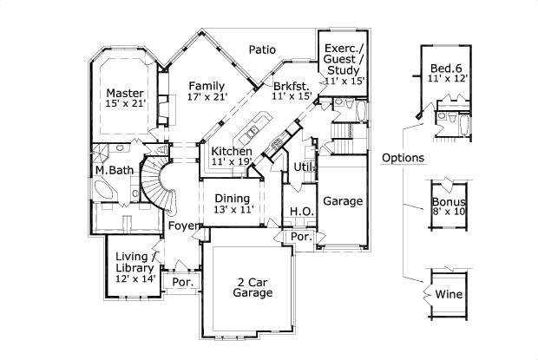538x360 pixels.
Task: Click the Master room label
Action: coord(125,93)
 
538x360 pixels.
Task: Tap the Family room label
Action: coord(207,86)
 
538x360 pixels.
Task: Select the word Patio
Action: coord(263,49)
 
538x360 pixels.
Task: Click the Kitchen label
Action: coord(232,151)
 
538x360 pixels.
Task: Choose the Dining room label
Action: coord(232,198)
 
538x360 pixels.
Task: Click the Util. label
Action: coord(304,166)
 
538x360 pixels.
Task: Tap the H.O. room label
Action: coord(301,211)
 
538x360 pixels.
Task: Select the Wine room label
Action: coord(449,294)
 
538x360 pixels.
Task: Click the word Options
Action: coord(403,158)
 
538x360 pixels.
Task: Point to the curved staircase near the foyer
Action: coord(158,180)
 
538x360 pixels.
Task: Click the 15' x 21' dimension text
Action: coord(125,104)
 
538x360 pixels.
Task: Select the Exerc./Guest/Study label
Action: coord(344,60)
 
